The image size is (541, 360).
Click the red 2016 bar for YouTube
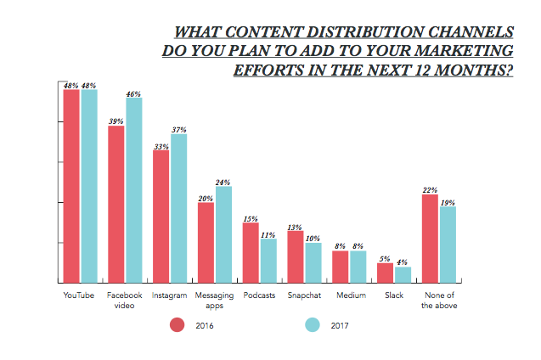[71, 186]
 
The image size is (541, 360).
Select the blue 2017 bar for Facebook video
[134, 190]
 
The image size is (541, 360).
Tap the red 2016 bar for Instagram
[161, 217]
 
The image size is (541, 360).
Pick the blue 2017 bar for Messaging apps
[223, 234]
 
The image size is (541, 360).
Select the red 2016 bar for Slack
[386, 273]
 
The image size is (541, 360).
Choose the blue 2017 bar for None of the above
[448, 245]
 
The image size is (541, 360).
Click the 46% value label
[134, 93]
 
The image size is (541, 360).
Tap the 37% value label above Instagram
[179, 129]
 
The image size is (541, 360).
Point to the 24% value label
[223, 182]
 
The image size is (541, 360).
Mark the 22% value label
[431, 190]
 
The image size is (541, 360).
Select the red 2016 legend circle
[178, 324]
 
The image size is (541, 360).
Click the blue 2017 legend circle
[312, 324]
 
